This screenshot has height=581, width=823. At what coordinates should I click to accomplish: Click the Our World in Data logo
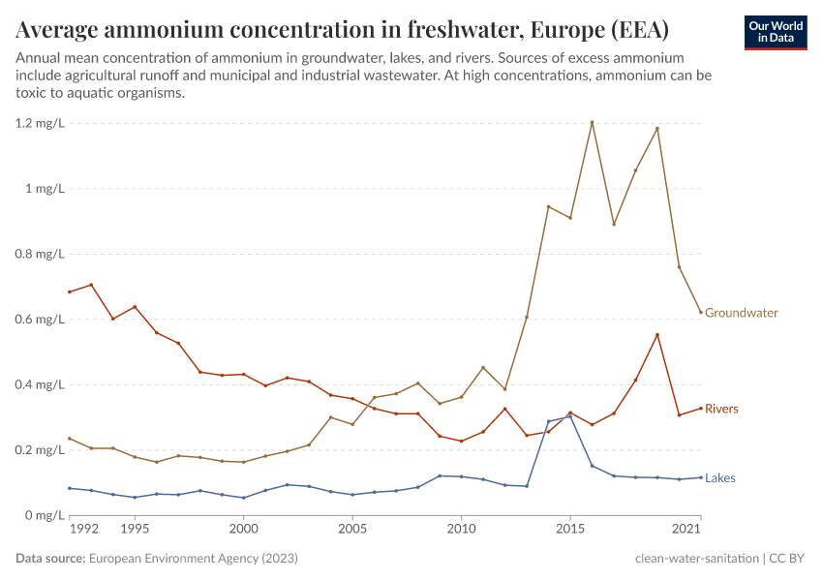coord(776,32)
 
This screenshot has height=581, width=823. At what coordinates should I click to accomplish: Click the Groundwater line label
coord(741,313)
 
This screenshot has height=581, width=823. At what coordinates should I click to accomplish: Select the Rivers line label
coord(721,409)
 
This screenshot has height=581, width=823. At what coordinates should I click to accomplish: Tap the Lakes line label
coord(720,477)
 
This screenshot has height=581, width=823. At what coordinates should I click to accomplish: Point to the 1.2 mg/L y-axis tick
coord(39,124)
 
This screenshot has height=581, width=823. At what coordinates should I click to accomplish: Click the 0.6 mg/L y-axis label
coord(39,320)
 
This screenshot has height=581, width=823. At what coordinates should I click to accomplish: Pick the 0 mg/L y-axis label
coord(43,515)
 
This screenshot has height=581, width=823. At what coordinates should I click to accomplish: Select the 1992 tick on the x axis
coord(84,530)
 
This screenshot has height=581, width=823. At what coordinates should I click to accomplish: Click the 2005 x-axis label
coord(352,530)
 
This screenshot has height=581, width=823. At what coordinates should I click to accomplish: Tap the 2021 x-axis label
coord(686,530)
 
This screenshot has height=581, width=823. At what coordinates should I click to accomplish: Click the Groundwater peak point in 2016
coord(592,122)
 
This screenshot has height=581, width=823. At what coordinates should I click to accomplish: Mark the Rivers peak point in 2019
coord(657,335)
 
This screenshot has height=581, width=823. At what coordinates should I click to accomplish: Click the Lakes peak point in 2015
coord(570,416)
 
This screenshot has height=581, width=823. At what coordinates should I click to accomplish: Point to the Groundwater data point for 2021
coord(701,312)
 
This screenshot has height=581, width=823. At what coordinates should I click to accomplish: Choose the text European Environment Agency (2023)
coord(193,559)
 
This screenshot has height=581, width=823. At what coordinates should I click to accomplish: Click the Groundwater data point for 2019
coord(657,129)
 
